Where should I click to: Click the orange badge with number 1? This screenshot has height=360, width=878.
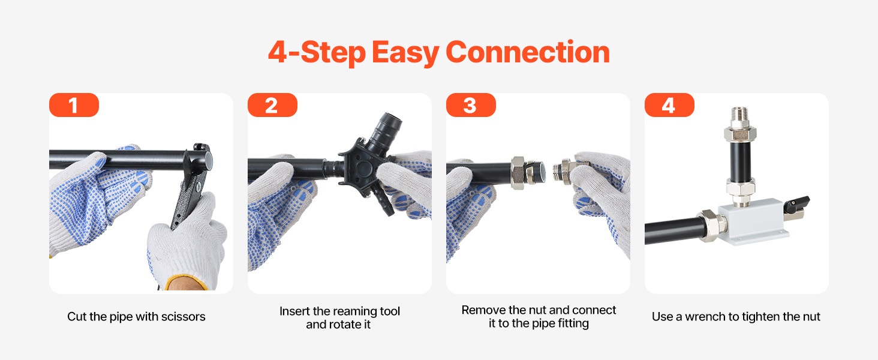click(x=74, y=105)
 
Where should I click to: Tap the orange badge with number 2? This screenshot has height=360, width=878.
click(x=272, y=105)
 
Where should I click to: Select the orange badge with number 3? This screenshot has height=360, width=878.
click(x=471, y=105)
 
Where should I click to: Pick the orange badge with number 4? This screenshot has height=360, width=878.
click(x=669, y=105)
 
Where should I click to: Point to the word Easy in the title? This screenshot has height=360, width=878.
click(x=405, y=53)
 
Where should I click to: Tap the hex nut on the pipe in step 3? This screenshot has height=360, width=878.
click(x=518, y=173)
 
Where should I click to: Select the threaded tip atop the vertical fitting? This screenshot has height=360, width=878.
click(x=739, y=113)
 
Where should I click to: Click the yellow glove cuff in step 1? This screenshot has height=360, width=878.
click(x=185, y=283)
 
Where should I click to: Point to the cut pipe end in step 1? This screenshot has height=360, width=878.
click(x=208, y=160)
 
